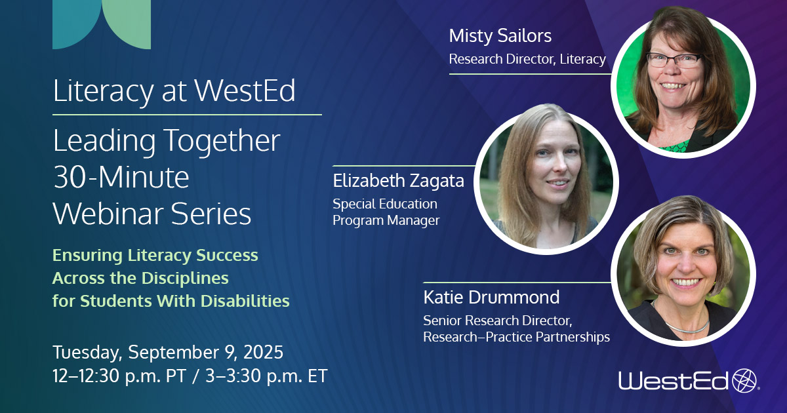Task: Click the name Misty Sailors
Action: (500, 36)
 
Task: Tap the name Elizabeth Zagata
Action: (399, 181)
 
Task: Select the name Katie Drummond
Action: (491, 297)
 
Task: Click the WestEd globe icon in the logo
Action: (744, 380)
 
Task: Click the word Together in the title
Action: (222, 140)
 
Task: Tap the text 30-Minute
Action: (121, 177)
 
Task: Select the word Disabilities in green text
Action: (245, 301)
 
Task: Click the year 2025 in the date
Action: (263, 352)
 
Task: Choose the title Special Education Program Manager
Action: (386, 212)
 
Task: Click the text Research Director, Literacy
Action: (527, 59)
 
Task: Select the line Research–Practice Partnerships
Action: (517, 337)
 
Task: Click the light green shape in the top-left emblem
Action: (130, 23)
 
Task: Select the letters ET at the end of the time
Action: (317, 376)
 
